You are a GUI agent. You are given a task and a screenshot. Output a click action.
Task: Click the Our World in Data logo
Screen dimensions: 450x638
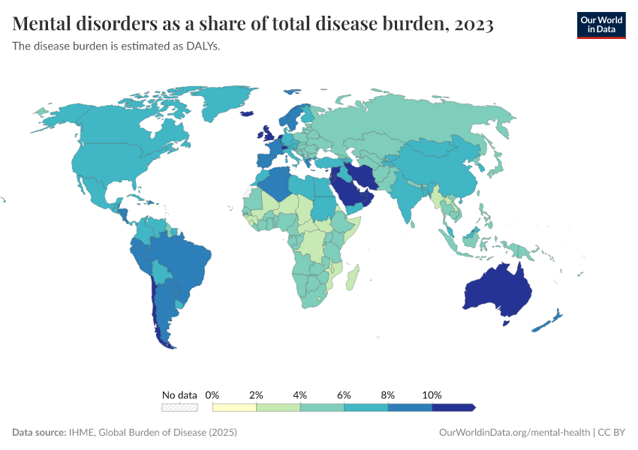pos(600,25)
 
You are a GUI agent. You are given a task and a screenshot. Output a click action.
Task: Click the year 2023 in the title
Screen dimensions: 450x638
pos(474,25)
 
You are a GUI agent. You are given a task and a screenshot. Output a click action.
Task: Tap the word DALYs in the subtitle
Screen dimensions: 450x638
pos(203,46)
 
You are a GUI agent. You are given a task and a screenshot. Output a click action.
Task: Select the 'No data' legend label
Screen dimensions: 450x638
pos(179,394)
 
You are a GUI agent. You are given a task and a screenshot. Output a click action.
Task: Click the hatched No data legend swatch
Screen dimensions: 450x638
pos(179,407)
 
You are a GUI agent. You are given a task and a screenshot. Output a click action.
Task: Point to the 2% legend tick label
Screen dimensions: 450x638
pos(256,394)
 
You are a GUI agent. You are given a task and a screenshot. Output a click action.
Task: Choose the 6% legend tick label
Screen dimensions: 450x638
pos(345,394)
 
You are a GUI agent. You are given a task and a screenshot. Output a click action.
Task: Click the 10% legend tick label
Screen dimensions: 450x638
pos(432,394)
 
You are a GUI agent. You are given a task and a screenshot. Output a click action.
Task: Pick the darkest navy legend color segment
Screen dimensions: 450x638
pos(453,407)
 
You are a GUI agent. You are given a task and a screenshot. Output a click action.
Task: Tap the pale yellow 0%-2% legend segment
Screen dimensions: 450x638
pos(234,407)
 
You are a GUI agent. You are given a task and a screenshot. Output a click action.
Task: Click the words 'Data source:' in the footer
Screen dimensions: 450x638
pos(39,433)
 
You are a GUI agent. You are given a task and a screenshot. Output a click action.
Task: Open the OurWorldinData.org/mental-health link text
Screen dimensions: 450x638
pos(514,433)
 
